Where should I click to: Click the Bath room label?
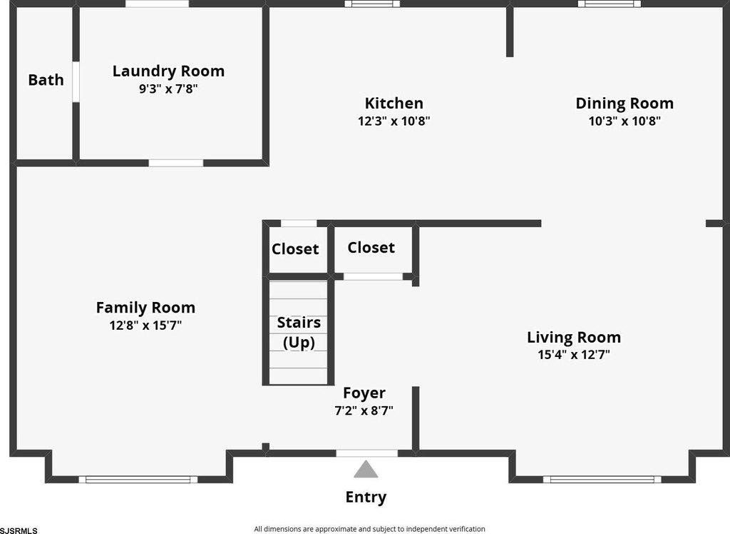46,80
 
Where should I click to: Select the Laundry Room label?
168,71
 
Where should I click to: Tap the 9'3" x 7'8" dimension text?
168,89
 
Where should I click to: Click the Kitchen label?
394,104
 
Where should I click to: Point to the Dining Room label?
624,104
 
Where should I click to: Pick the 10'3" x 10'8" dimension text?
624,121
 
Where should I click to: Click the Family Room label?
145,308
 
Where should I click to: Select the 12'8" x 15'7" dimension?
145,326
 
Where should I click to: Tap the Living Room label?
574,337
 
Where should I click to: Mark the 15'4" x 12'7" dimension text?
574,355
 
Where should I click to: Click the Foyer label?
364,393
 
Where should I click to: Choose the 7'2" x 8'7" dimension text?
364,410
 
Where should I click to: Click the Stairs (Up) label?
299,333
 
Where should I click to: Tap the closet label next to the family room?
295,249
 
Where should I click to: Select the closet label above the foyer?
371,248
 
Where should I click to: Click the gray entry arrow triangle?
366,470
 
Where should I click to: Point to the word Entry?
366,497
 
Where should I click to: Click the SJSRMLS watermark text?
19,530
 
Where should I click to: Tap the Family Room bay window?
138,479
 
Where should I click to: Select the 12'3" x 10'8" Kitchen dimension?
394,121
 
